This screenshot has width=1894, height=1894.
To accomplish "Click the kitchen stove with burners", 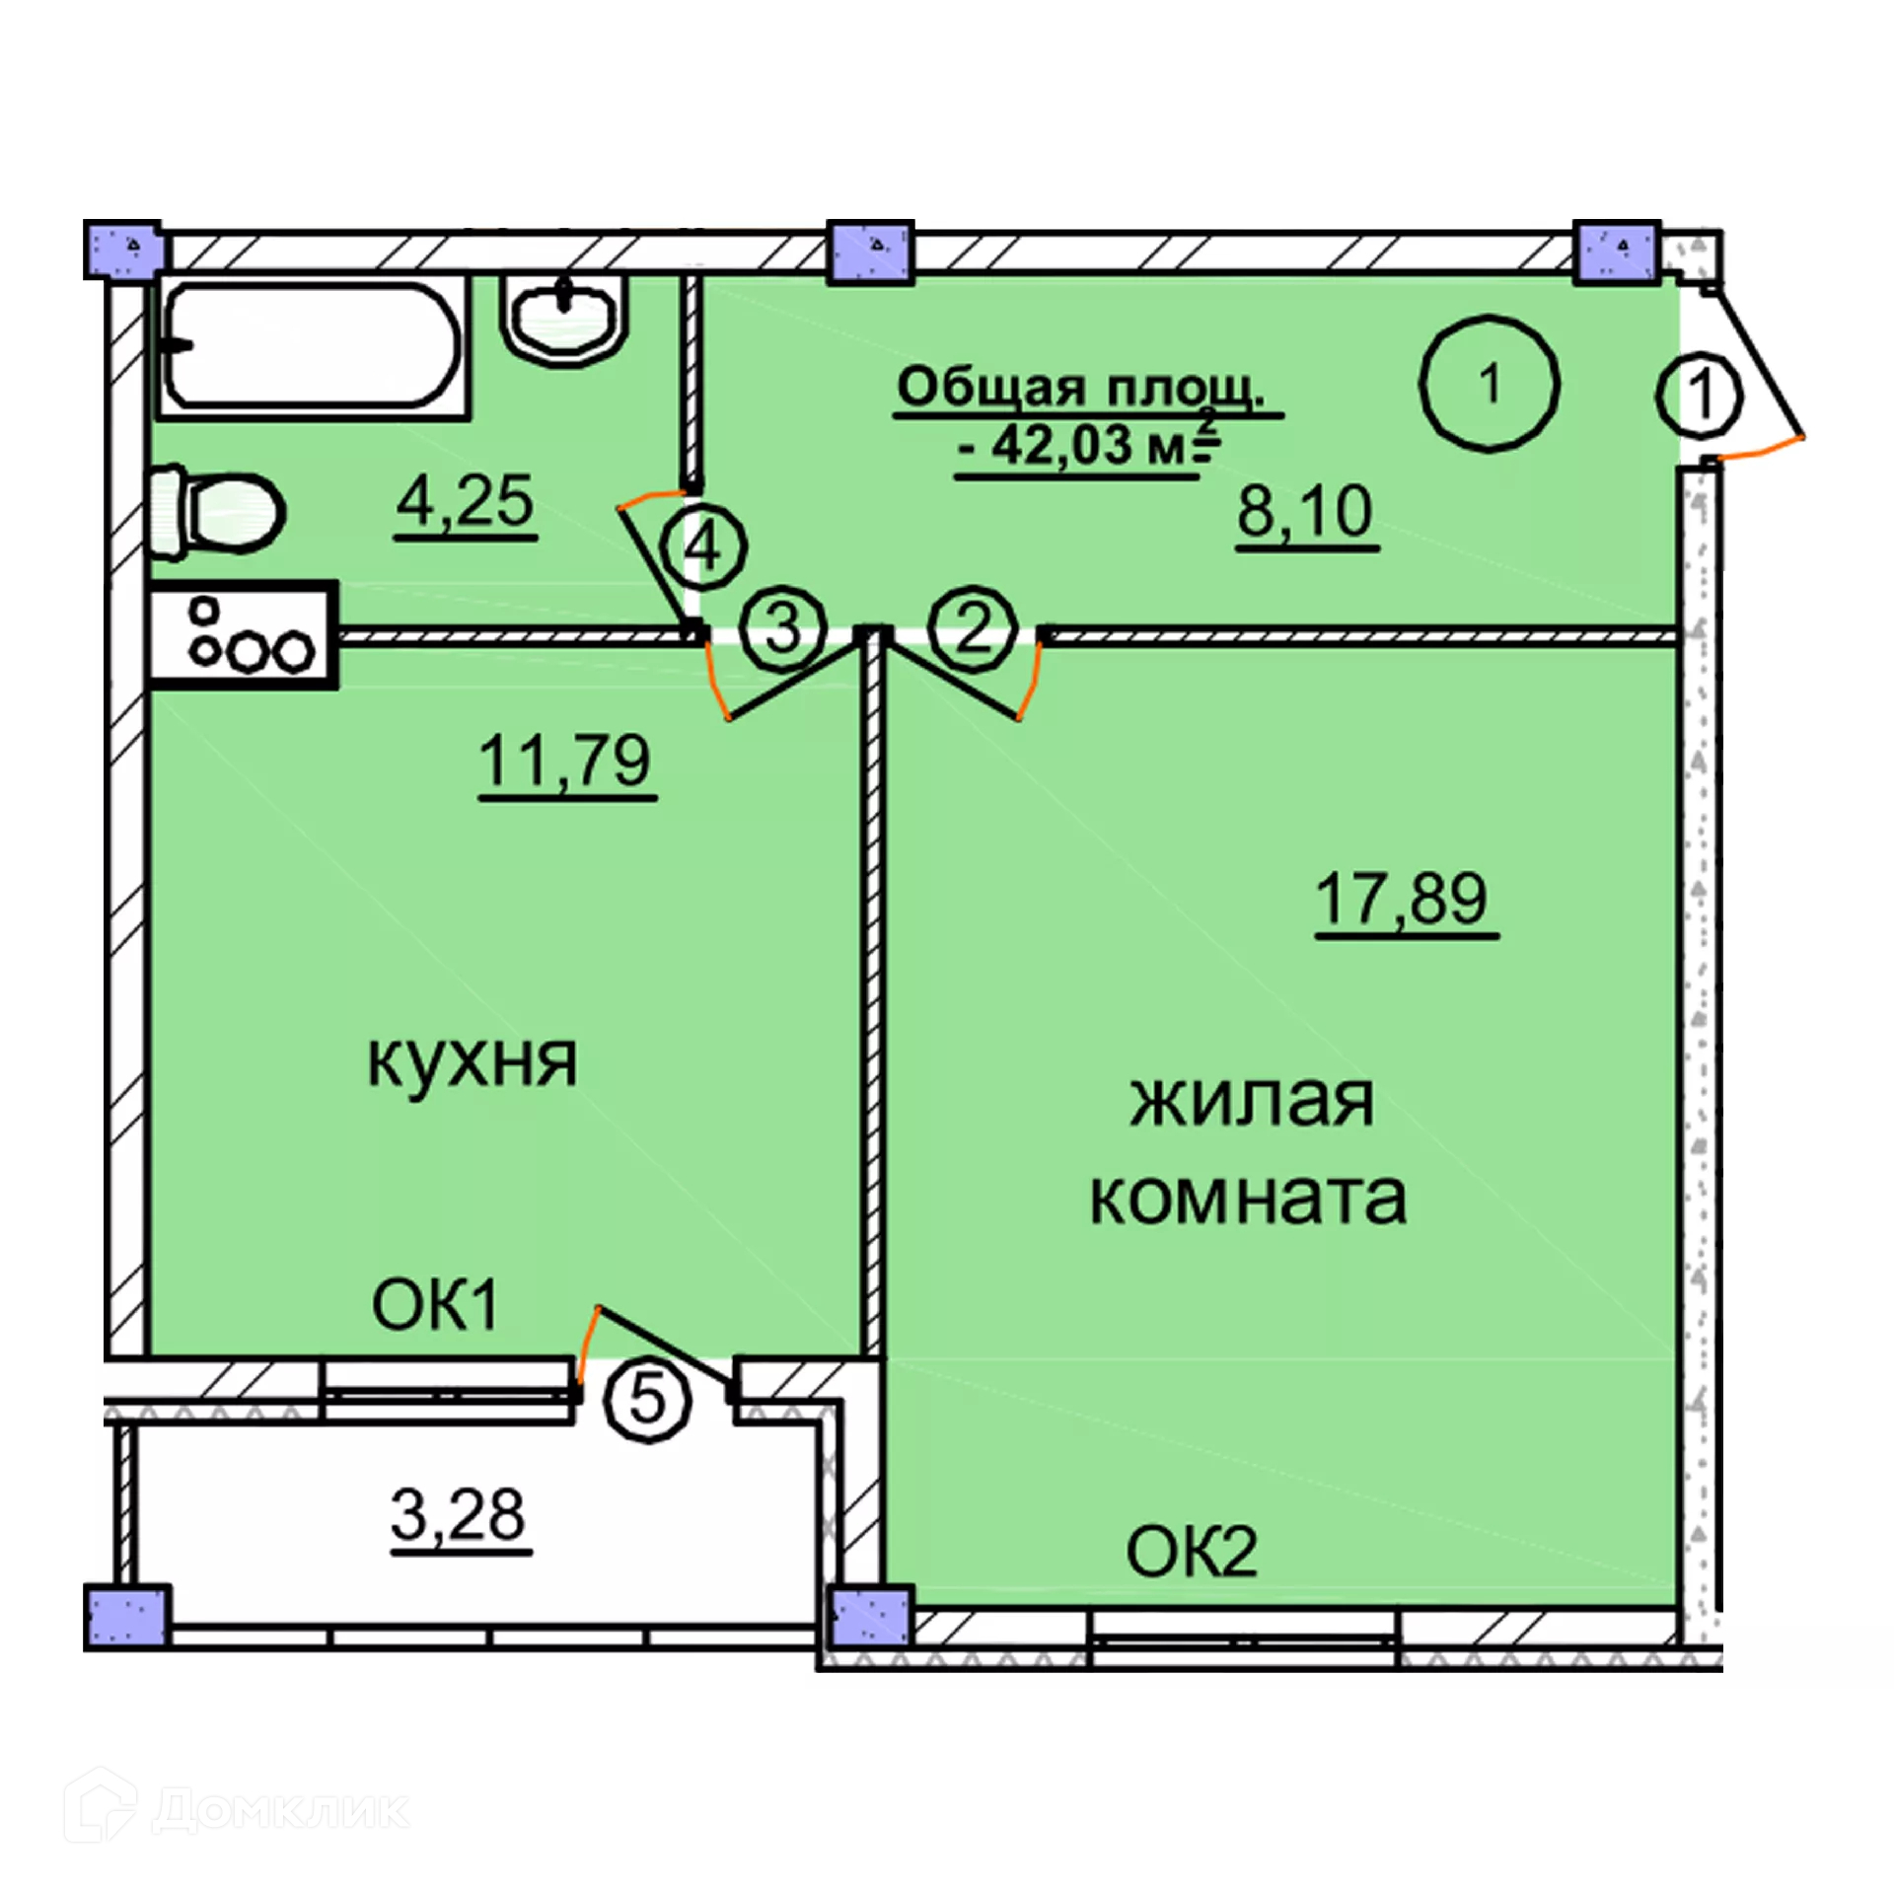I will point(243,634).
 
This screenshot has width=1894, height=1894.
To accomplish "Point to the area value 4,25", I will point(465,501).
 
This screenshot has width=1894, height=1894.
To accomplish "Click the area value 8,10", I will point(1304,511).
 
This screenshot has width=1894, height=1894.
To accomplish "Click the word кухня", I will point(473,1061).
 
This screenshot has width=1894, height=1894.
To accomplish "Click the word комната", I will point(1248,1198).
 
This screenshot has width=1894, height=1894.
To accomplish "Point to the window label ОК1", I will point(435,1304).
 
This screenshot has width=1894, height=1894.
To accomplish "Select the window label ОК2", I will point(1191,1551).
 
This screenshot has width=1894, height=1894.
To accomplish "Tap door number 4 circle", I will point(703,546).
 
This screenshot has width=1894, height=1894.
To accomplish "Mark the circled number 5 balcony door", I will point(647,1399).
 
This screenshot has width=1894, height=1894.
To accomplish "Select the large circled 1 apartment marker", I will point(1489,383).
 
